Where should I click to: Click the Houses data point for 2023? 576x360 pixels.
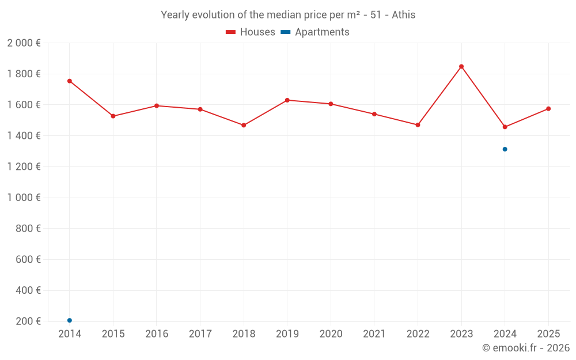click(x=461, y=66)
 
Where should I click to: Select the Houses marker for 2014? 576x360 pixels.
click(x=70, y=81)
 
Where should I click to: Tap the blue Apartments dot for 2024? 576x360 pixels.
click(x=505, y=149)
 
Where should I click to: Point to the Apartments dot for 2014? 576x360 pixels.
click(x=70, y=320)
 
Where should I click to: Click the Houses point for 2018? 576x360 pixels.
click(x=244, y=125)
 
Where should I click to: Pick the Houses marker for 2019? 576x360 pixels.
click(x=287, y=100)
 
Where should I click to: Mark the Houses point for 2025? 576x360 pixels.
click(x=548, y=109)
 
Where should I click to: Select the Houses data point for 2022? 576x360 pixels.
click(x=418, y=125)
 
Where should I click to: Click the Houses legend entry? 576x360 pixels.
click(x=251, y=32)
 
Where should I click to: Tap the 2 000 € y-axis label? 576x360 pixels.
click(x=24, y=43)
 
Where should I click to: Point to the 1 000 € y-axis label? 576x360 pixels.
click(x=24, y=198)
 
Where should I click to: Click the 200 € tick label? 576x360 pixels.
click(x=28, y=321)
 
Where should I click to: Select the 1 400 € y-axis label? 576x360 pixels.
click(x=24, y=136)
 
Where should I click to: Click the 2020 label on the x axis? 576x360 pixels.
click(x=331, y=334)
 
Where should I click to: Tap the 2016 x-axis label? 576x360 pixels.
click(x=157, y=334)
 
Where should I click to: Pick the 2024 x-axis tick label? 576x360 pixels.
click(x=505, y=334)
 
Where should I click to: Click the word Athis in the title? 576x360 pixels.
click(x=403, y=15)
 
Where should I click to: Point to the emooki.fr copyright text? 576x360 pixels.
click(x=526, y=348)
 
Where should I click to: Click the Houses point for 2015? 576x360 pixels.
click(x=113, y=116)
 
